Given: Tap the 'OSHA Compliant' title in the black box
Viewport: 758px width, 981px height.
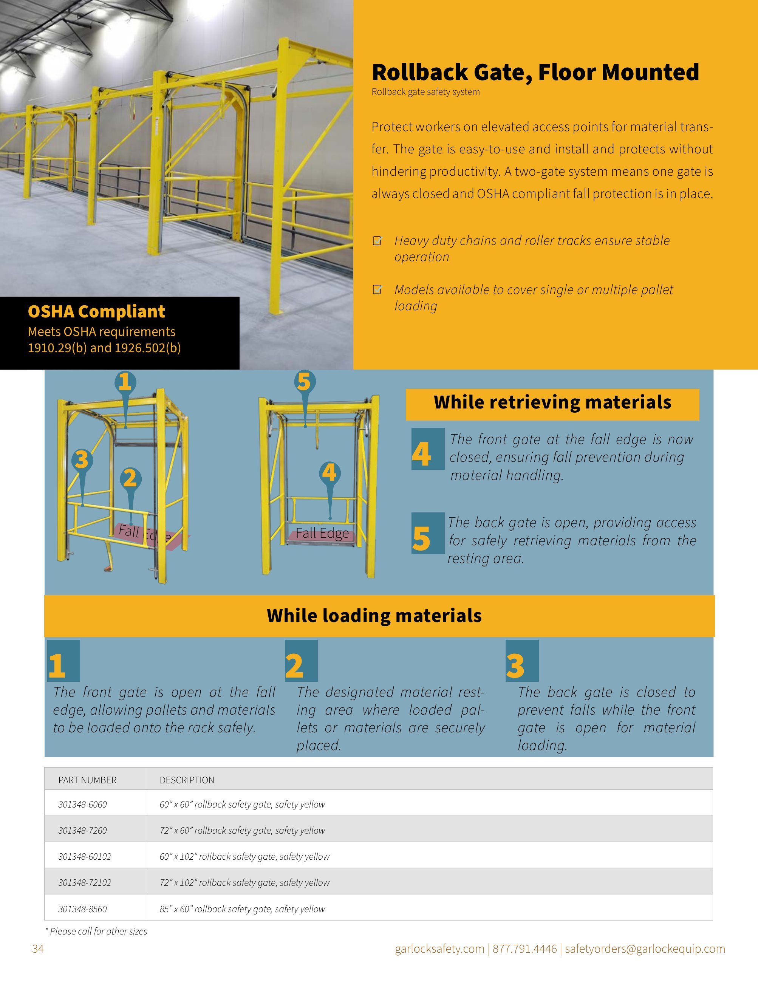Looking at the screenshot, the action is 97,311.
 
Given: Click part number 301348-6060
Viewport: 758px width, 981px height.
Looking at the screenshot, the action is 83,804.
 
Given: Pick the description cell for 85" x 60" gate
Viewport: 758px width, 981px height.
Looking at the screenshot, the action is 243,909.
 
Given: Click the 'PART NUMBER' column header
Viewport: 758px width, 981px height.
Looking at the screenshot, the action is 88,780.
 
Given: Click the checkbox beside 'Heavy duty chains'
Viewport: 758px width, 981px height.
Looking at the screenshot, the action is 377,241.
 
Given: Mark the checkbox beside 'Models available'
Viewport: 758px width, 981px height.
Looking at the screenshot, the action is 377,290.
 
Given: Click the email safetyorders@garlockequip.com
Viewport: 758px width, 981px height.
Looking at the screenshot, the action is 645,949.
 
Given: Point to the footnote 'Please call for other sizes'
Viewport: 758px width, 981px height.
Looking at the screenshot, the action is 97,931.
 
